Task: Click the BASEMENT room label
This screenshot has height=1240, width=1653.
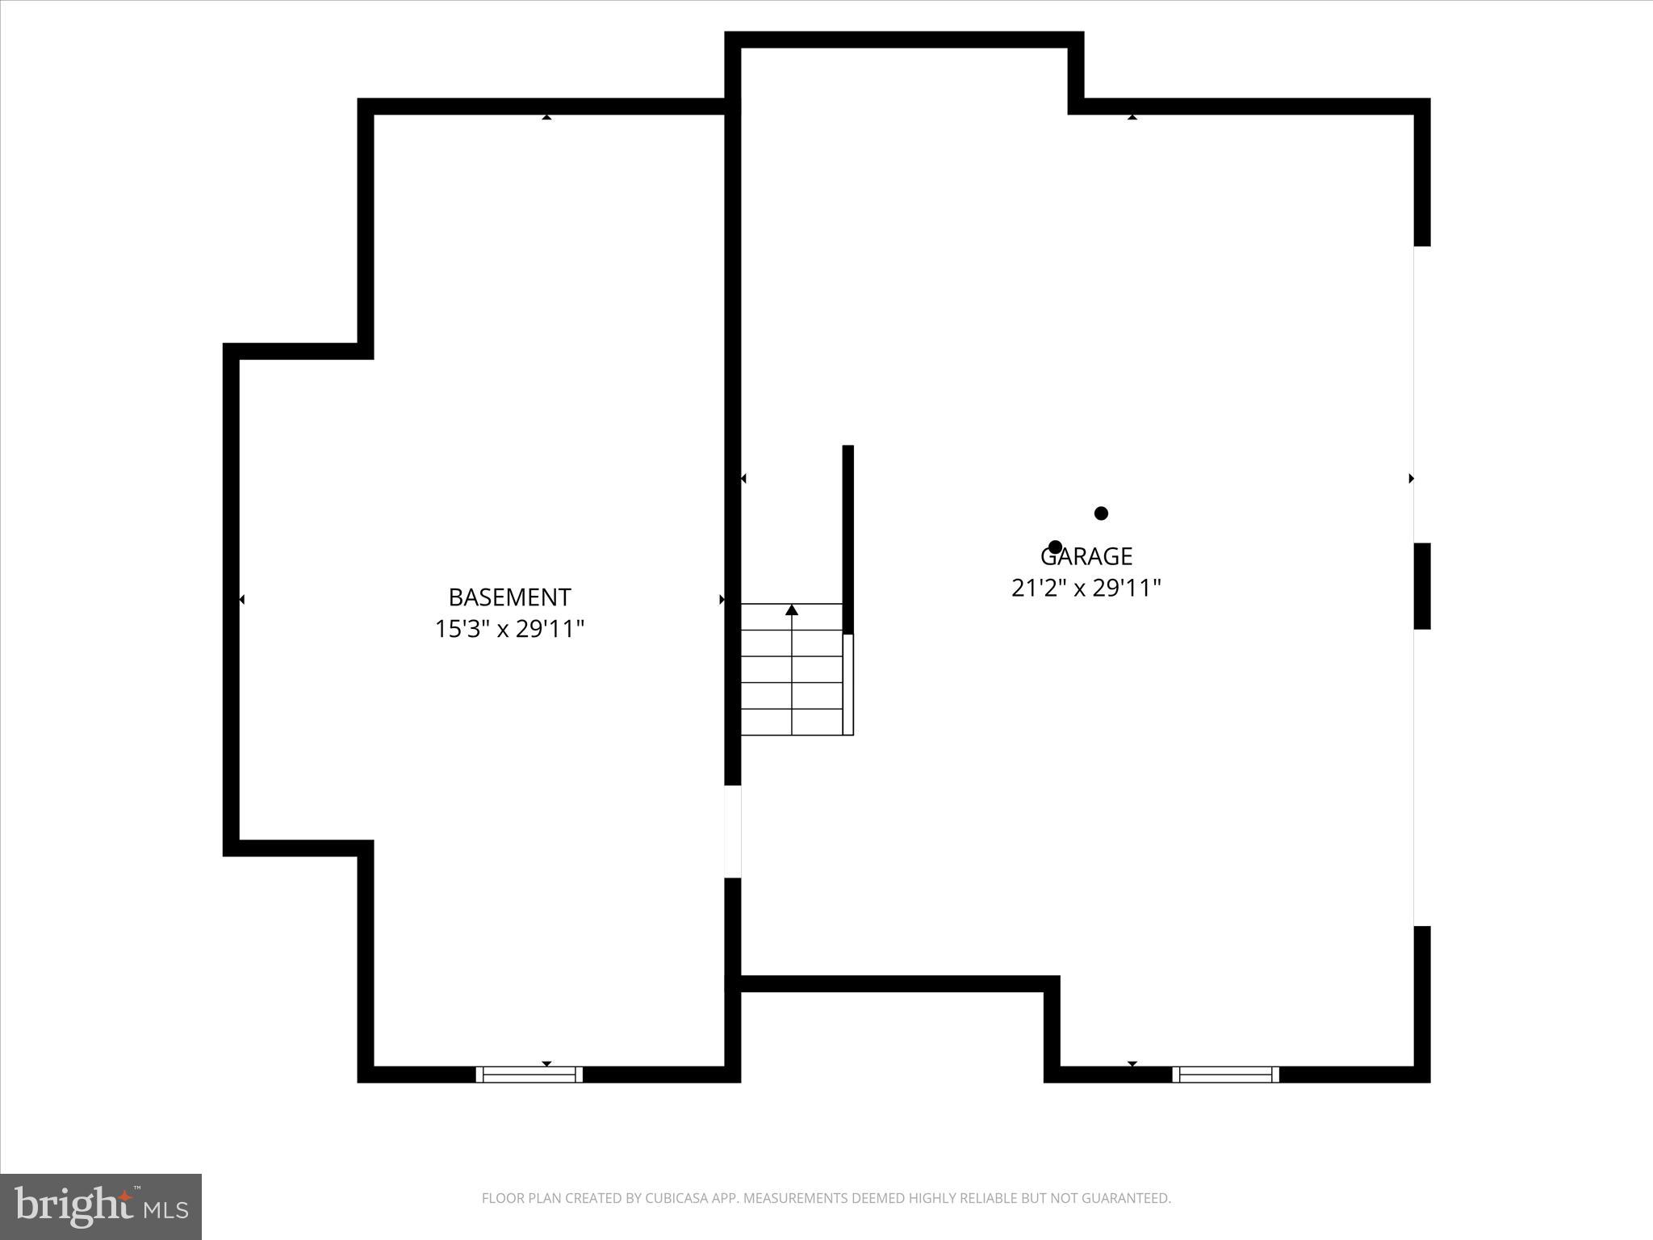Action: click(x=509, y=597)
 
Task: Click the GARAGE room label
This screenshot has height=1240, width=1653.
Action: click(x=1086, y=556)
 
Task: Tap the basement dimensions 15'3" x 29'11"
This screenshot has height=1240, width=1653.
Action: click(x=509, y=629)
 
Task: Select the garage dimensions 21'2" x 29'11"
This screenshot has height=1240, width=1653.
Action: click(x=1086, y=588)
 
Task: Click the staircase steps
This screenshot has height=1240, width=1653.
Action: click(x=792, y=670)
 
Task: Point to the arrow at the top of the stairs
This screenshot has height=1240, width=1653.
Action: click(x=792, y=610)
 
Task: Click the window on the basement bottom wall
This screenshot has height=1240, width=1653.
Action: click(x=529, y=1075)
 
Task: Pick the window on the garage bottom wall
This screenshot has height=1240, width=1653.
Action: click(x=1225, y=1075)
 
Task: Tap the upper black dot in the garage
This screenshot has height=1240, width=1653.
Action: click(x=1101, y=513)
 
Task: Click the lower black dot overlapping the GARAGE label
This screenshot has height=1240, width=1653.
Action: click(x=1055, y=547)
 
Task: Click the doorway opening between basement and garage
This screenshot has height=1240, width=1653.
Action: click(x=732, y=832)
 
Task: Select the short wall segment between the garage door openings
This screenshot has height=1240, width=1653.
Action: click(x=1422, y=586)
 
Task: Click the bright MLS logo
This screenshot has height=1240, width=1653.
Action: click(x=101, y=1207)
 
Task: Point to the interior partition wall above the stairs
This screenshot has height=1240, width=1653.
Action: click(x=848, y=538)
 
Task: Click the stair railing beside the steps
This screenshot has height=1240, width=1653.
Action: click(x=848, y=685)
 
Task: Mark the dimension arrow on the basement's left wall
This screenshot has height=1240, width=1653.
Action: click(x=241, y=599)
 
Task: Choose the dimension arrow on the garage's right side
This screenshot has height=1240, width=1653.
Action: click(x=1411, y=479)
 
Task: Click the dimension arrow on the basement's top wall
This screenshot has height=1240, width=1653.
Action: click(x=546, y=117)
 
